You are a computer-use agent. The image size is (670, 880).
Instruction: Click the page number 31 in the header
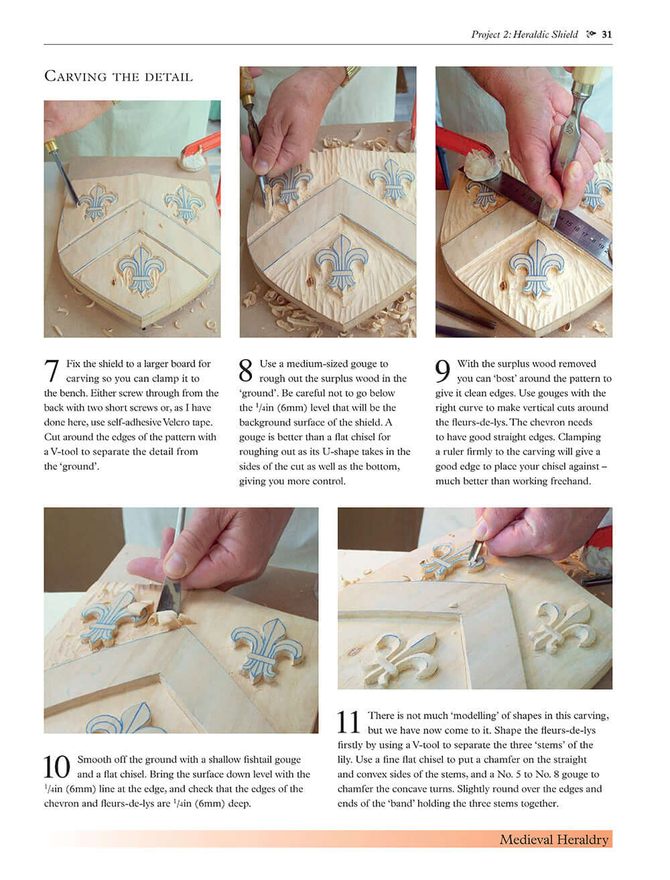606,35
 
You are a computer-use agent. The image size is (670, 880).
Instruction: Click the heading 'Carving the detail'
118,76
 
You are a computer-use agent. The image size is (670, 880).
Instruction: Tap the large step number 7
52,371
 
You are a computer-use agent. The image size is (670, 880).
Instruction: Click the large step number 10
57,767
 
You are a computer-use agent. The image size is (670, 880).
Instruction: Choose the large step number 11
349,723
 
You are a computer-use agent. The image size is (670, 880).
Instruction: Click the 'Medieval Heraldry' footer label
553,839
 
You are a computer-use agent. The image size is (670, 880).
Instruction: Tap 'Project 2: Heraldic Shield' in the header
524,35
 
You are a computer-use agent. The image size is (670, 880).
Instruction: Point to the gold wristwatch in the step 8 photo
350,74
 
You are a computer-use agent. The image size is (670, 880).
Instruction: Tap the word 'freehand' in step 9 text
569,481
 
